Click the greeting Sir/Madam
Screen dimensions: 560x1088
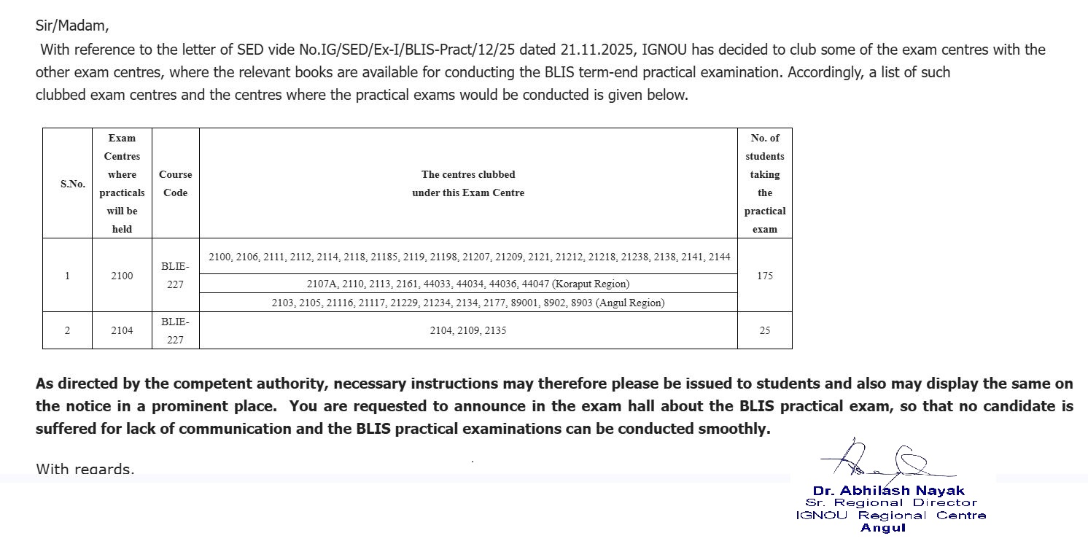click(x=72, y=26)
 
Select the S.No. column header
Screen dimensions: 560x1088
click(x=72, y=184)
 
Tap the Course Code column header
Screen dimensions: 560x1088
click(x=175, y=184)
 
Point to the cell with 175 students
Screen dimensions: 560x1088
click(x=764, y=276)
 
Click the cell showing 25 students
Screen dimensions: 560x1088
click(x=764, y=330)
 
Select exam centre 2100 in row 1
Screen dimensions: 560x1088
click(x=122, y=276)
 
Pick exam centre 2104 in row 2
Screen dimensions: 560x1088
click(x=122, y=330)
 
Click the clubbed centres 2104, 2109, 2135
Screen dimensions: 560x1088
click(x=468, y=330)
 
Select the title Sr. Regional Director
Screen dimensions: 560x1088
click(x=891, y=502)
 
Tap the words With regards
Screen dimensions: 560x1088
click(x=85, y=469)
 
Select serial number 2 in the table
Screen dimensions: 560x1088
click(x=67, y=330)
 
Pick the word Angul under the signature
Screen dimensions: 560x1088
click(x=882, y=528)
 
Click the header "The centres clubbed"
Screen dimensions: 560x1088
click(x=468, y=174)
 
